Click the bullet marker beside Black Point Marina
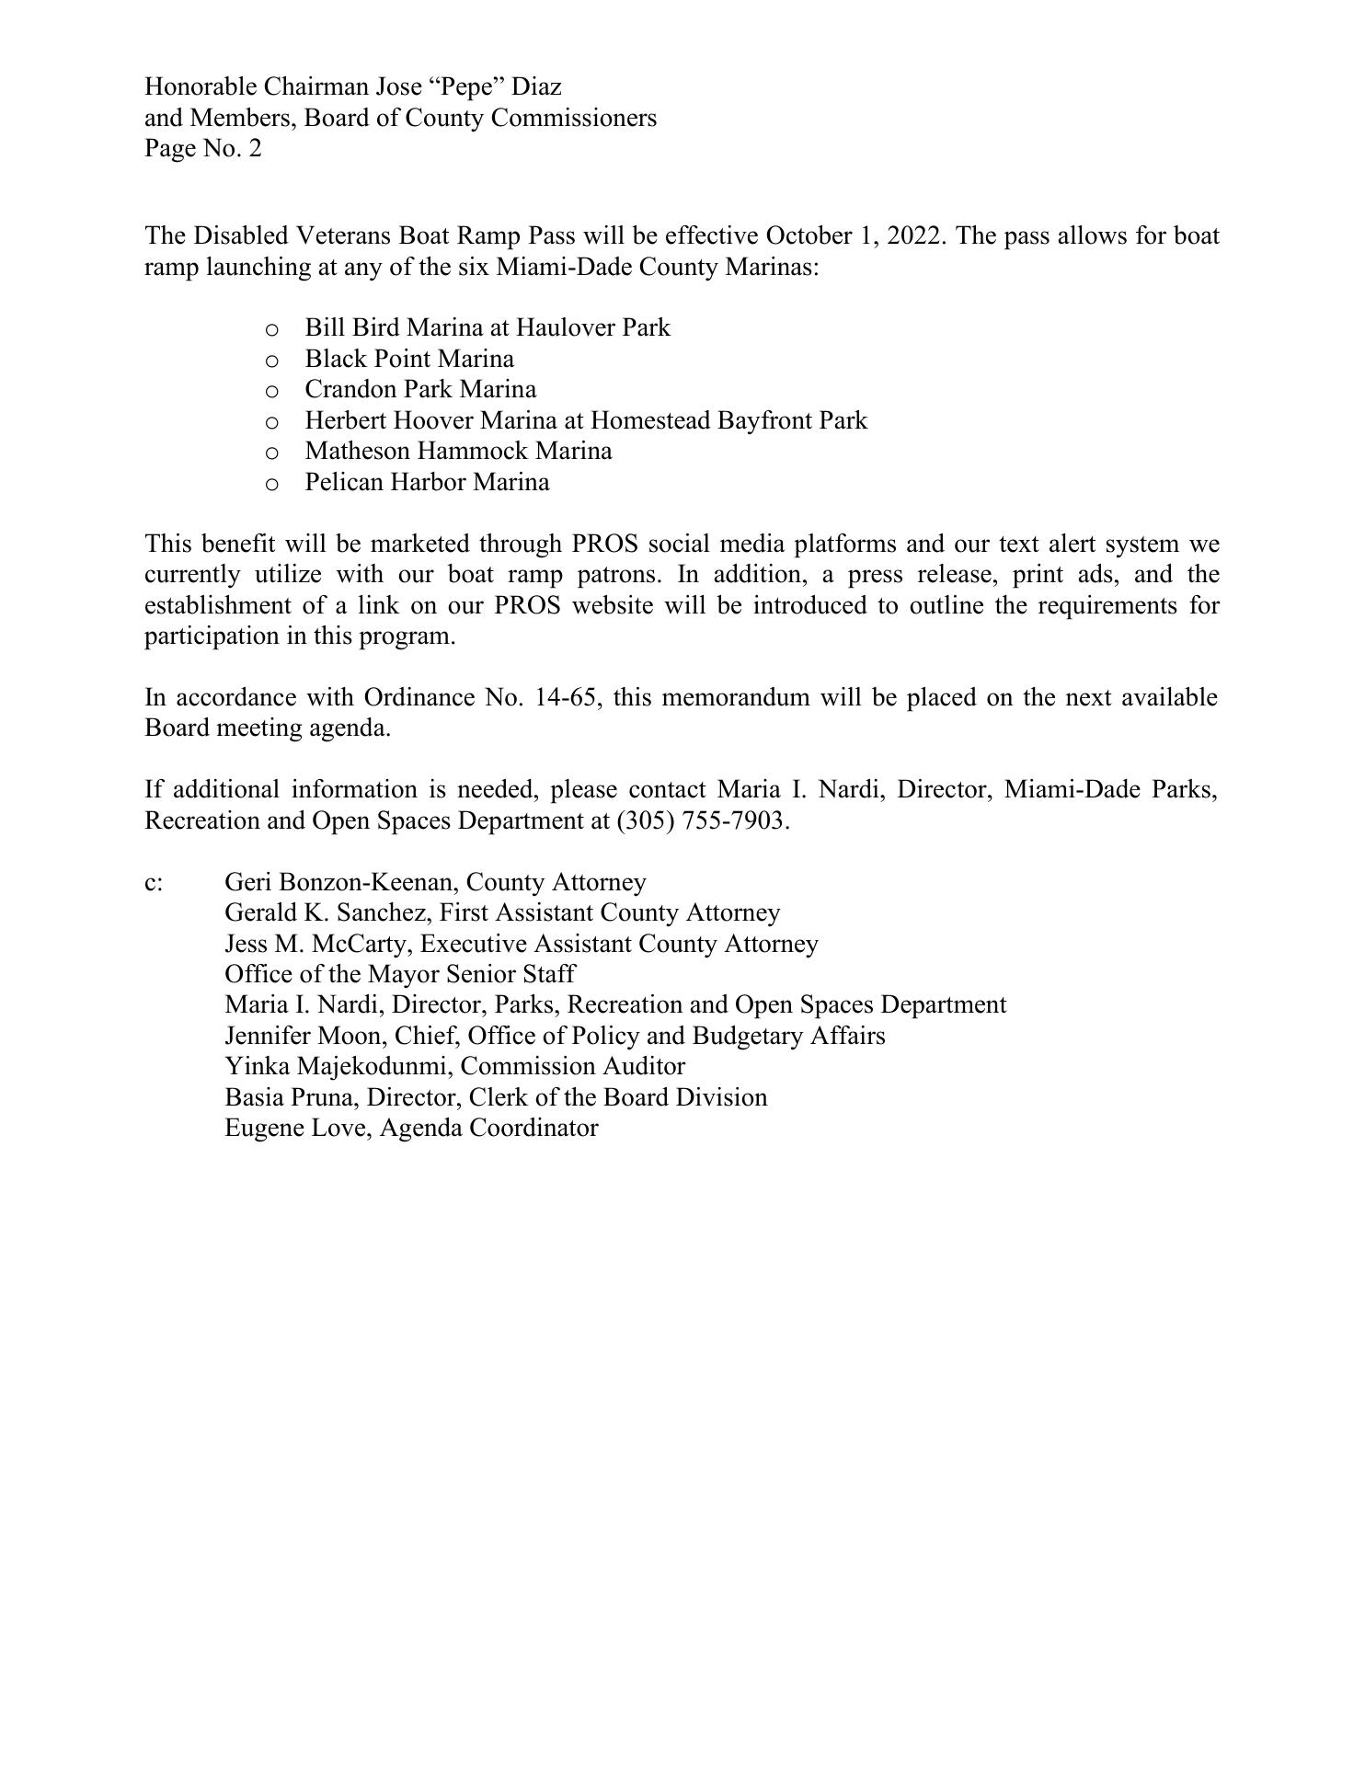pyautogui.click(x=271, y=360)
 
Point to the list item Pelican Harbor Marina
pyautogui.click(x=427, y=482)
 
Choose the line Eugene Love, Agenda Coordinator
pyautogui.click(x=411, y=1129)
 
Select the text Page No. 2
pyautogui.click(x=203, y=148)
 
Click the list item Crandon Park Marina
pyautogui.click(x=420, y=389)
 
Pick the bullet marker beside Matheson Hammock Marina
pyautogui.click(x=271, y=453)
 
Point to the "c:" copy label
pyautogui.click(x=154, y=883)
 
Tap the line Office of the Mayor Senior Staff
pyautogui.click(x=400, y=974)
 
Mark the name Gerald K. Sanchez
pyautogui.click(x=327, y=912)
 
